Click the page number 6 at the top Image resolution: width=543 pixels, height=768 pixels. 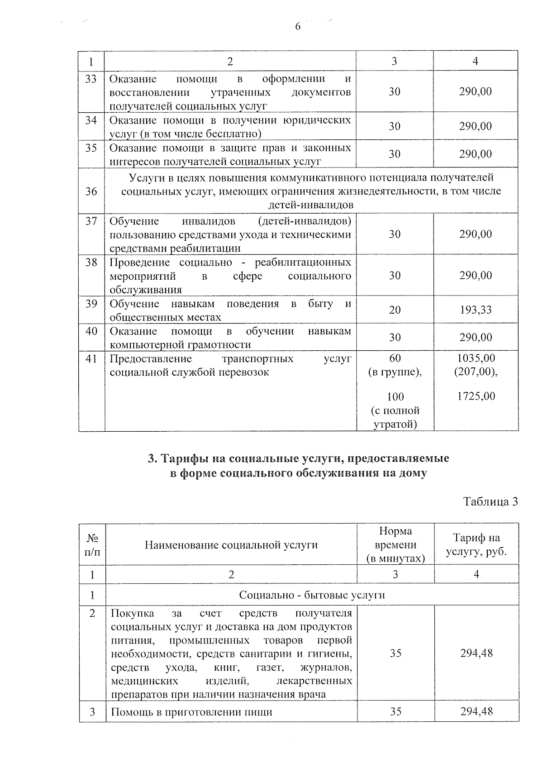point(298,27)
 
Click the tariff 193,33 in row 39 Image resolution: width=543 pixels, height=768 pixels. point(475,310)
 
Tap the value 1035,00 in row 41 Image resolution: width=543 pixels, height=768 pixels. point(476,358)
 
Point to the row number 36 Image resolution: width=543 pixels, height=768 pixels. point(91,191)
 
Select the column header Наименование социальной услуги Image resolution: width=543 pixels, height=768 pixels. point(231,545)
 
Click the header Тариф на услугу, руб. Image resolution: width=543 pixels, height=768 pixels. point(476,545)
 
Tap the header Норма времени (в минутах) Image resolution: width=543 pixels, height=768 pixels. point(395,545)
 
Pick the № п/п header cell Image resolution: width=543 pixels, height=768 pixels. point(92,545)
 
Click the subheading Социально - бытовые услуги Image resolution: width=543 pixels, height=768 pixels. point(312,595)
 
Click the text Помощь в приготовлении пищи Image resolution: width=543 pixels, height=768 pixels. point(191,712)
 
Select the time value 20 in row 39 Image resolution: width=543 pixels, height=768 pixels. point(395,310)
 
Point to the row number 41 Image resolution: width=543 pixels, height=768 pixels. point(91,359)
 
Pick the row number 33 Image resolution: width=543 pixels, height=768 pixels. point(91,79)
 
